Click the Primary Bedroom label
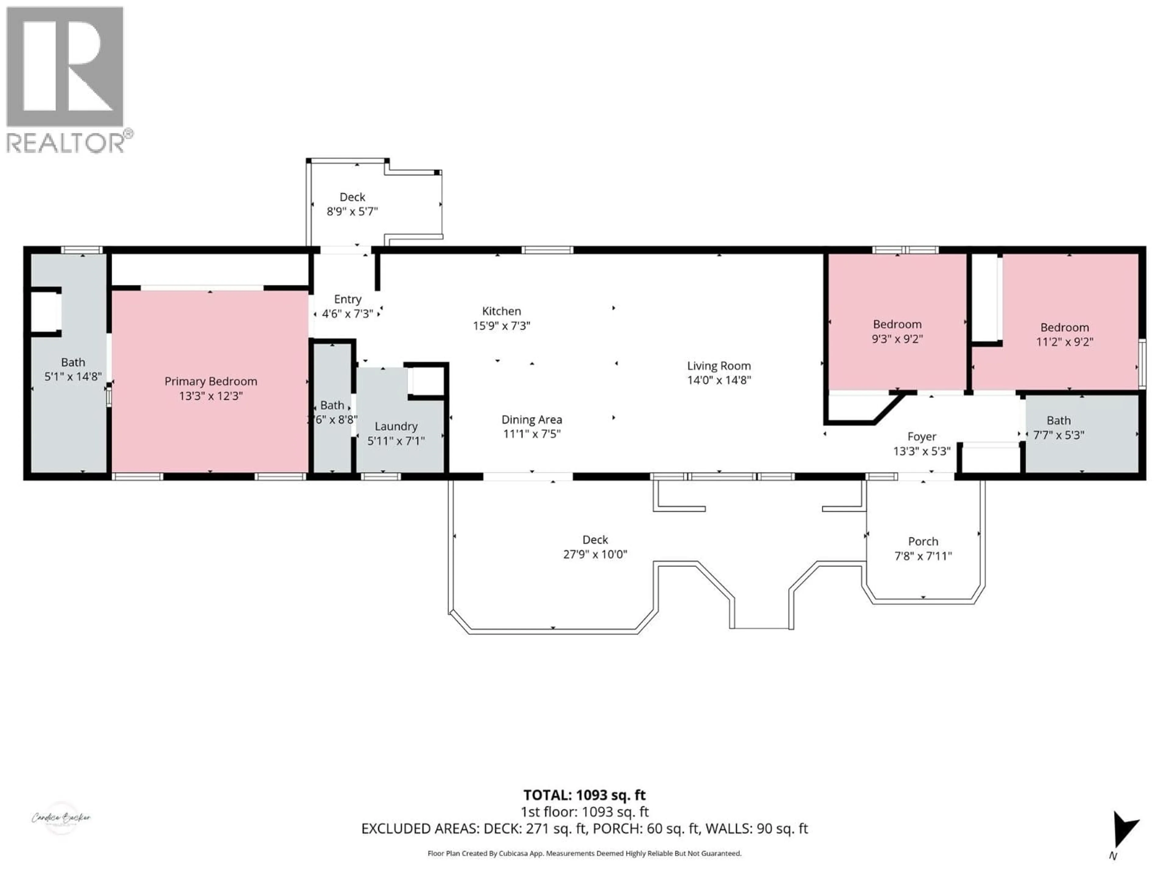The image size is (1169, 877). click(210, 381)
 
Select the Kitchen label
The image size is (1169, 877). click(501, 311)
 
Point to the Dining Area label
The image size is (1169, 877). click(532, 420)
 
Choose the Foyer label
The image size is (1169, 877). click(922, 437)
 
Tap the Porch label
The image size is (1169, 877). click(923, 541)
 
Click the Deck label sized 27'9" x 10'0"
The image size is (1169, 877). click(595, 540)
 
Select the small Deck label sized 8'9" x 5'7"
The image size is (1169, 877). click(352, 197)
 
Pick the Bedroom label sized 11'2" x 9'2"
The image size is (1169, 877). click(1064, 328)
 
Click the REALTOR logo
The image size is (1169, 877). click(66, 79)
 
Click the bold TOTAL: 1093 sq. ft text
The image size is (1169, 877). click(584, 795)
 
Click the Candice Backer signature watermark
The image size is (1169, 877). click(61, 818)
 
